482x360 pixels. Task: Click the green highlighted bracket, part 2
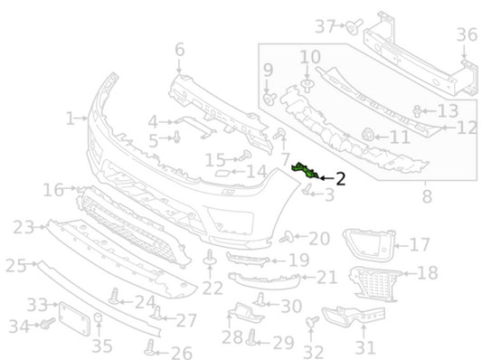[307, 171]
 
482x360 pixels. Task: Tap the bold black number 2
[340, 179]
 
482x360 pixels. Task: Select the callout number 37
[325, 26]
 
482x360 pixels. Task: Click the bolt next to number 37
[354, 26]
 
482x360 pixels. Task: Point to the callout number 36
[467, 34]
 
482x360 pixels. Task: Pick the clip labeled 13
[417, 111]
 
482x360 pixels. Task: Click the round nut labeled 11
[368, 135]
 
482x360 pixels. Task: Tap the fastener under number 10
[307, 86]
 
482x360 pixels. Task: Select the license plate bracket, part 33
[74, 318]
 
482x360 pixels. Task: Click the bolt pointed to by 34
[48, 323]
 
